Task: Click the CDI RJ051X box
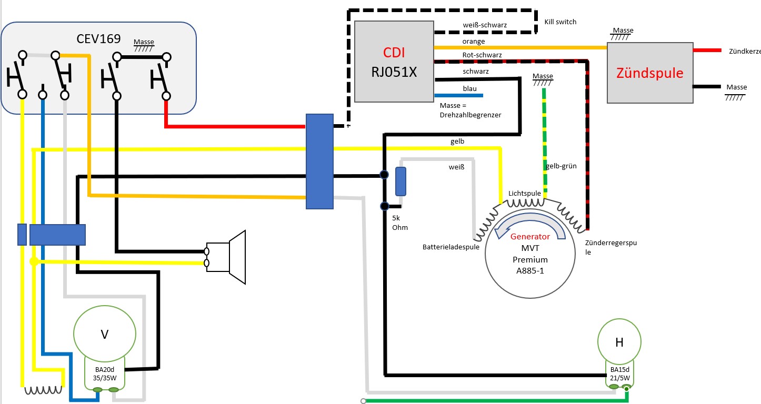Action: click(394, 62)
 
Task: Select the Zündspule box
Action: click(649, 73)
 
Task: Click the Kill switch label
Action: click(560, 22)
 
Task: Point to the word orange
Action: click(474, 41)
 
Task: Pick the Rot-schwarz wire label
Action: click(482, 55)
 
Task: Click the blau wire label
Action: click(469, 88)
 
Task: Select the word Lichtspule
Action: click(524, 193)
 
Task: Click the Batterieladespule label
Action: click(451, 247)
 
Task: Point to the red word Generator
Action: click(530, 237)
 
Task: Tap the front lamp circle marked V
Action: click(105, 335)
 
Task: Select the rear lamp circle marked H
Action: click(619, 342)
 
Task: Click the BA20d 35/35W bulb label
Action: click(105, 373)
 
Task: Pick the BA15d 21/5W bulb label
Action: click(619, 373)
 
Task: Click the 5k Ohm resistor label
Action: click(400, 223)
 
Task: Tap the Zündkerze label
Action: click(744, 52)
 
